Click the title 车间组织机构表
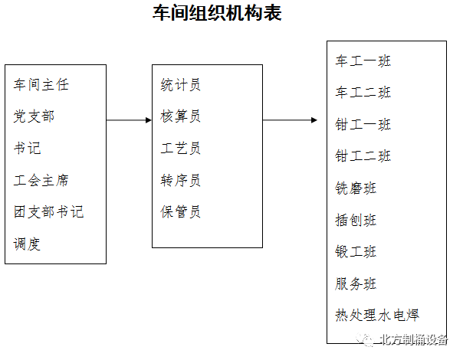point(217,13)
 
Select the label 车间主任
point(41,85)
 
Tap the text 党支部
point(34,116)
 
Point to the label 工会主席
point(41,180)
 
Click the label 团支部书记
point(49,212)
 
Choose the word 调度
point(27,244)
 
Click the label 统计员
point(181,85)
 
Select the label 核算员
point(181,116)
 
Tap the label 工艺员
point(181,148)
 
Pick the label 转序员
point(181,180)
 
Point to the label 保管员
point(181,212)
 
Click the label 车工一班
point(363,61)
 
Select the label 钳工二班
point(363,156)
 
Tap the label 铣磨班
point(356,188)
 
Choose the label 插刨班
point(356,220)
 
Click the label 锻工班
point(356,252)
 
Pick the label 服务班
point(356,283)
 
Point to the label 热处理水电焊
point(377,315)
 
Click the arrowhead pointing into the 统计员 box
point(149,120)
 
